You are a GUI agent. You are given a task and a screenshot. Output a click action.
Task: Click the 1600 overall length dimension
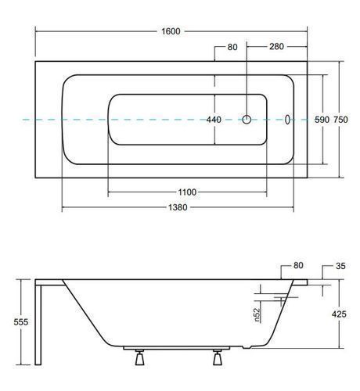tap(171, 31)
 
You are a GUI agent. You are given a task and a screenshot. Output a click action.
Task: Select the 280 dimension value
tap(276, 46)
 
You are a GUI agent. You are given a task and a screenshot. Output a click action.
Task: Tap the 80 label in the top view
tap(232, 47)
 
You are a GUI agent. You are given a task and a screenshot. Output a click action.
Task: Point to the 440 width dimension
tap(214, 120)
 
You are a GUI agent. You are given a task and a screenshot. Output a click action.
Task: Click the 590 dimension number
tap(322, 120)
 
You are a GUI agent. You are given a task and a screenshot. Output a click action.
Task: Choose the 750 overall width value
tap(340, 120)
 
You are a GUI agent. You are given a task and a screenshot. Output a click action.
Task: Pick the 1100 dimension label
tap(187, 192)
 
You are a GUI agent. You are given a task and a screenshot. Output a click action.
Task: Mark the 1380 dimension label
tap(178, 207)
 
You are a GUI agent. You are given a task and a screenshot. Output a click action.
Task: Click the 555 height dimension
tap(21, 322)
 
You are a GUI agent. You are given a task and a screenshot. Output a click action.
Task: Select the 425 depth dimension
tap(339, 314)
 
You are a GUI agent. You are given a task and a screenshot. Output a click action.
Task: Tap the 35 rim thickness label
tap(340, 266)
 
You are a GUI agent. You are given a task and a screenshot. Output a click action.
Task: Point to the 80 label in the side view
tap(298, 265)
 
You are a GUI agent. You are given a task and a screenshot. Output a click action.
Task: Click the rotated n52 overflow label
tap(257, 315)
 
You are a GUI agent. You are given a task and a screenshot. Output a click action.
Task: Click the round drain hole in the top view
tap(247, 120)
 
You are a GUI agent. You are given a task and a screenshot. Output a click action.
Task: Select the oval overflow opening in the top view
tap(287, 120)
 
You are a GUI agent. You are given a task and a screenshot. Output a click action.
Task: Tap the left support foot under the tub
tap(139, 357)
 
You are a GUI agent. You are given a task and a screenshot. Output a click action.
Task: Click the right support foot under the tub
tap(218, 357)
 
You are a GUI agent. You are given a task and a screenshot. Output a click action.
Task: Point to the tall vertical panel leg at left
tap(38, 325)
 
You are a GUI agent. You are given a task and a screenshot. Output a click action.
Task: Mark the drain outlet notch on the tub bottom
tap(247, 347)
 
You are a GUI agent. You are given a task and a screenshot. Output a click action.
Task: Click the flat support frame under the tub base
tap(176, 348)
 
